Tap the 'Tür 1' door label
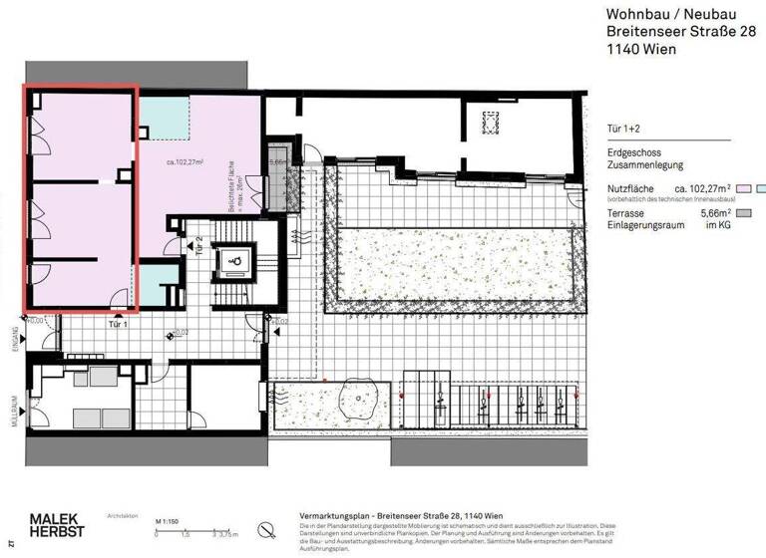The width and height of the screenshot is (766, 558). coord(121,325)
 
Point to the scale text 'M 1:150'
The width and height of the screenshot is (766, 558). coord(167,521)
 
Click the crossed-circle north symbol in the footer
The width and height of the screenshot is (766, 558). coord(265,528)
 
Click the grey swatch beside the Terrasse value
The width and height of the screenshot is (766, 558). coord(742,213)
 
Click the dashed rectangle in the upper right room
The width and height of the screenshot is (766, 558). coord(490,123)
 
